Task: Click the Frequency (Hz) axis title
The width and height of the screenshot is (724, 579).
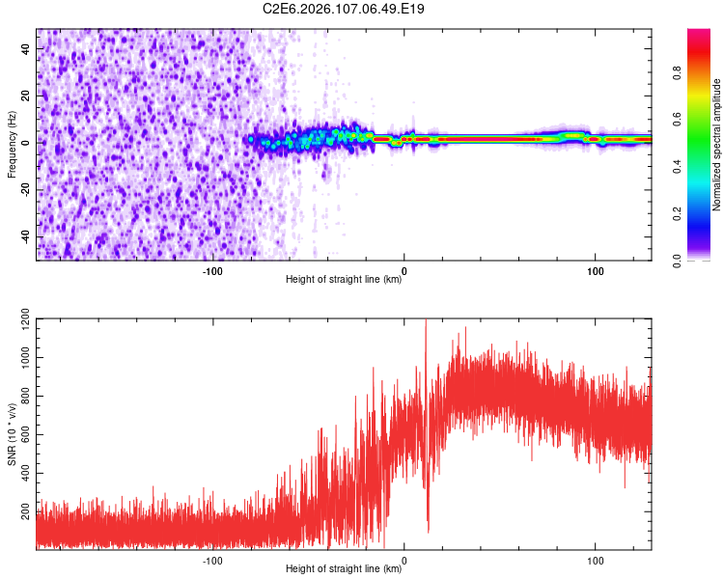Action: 12,144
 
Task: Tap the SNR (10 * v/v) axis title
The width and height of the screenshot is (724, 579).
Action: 12,429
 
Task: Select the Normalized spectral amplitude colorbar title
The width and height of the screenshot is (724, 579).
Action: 717,144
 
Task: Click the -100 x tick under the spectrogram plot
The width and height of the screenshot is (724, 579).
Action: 212,271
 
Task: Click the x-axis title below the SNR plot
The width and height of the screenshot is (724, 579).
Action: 344,570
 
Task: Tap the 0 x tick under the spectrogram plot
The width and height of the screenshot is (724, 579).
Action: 404,271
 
